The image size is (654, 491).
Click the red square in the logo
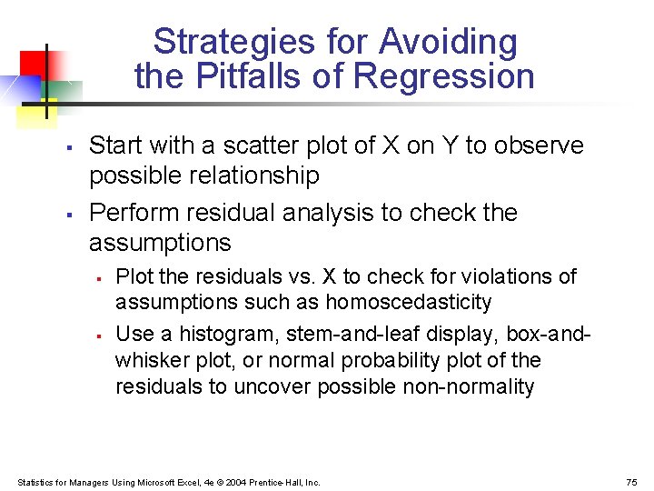[x=33, y=64]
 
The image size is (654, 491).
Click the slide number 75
[x=632, y=482]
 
